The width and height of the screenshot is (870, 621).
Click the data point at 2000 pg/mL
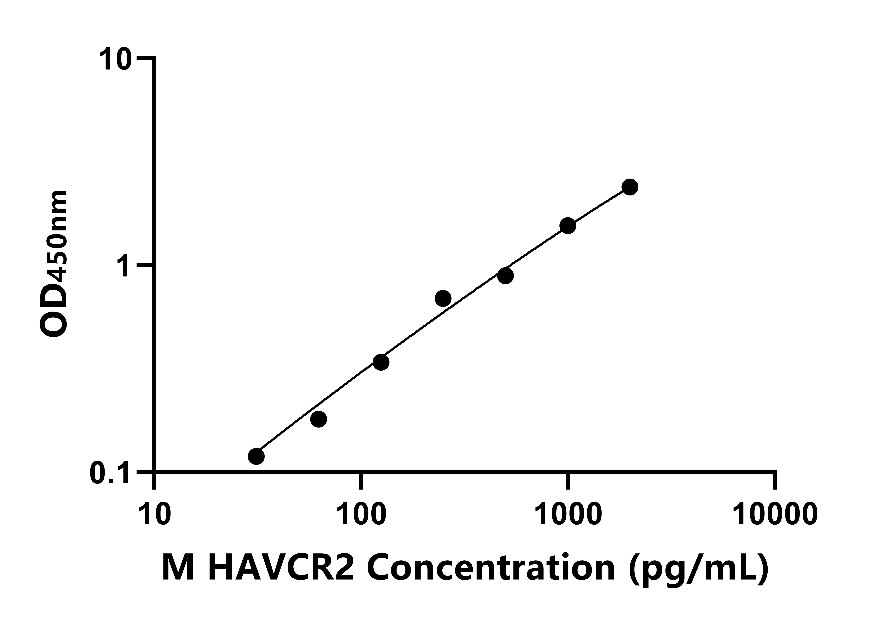click(630, 187)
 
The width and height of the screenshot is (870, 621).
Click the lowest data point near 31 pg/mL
click(256, 456)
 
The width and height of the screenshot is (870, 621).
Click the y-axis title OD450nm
click(53, 264)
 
